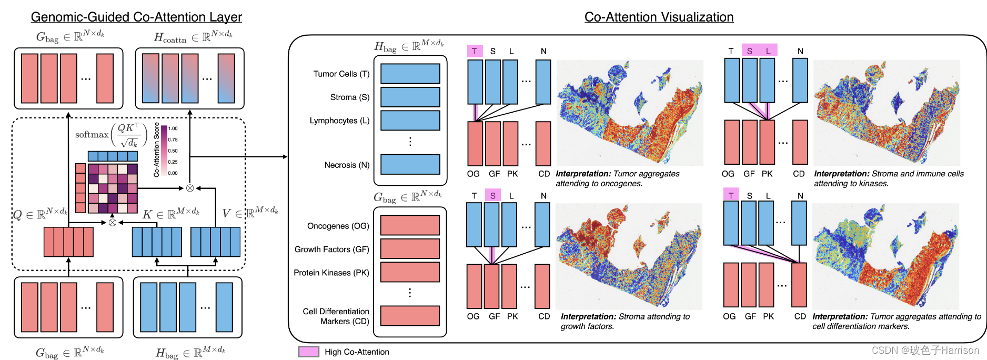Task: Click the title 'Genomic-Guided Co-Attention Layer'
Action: [x=136, y=17]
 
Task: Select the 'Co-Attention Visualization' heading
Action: [x=659, y=17]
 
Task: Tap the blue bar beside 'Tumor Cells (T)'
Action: [x=410, y=74]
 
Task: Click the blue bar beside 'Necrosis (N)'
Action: [x=410, y=164]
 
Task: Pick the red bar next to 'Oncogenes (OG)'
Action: [x=410, y=225]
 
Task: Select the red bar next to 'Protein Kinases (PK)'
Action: [x=410, y=272]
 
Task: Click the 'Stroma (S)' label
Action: [x=350, y=97]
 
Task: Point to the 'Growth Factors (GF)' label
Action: [x=332, y=249]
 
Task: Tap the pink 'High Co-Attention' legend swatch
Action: [x=308, y=352]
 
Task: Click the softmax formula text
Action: [x=111, y=135]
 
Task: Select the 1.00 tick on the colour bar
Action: [x=173, y=128]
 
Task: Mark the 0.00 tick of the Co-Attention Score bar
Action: [x=173, y=173]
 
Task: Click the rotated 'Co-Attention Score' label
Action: [x=156, y=150]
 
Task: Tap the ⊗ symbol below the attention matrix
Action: [x=112, y=223]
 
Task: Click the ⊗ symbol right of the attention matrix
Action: [x=190, y=188]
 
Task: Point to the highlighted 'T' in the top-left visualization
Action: [x=475, y=51]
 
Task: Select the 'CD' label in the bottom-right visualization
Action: [x=800, y=316]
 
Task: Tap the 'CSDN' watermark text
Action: [x=885, y=351]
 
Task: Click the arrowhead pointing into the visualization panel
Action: [x=285, y=156]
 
